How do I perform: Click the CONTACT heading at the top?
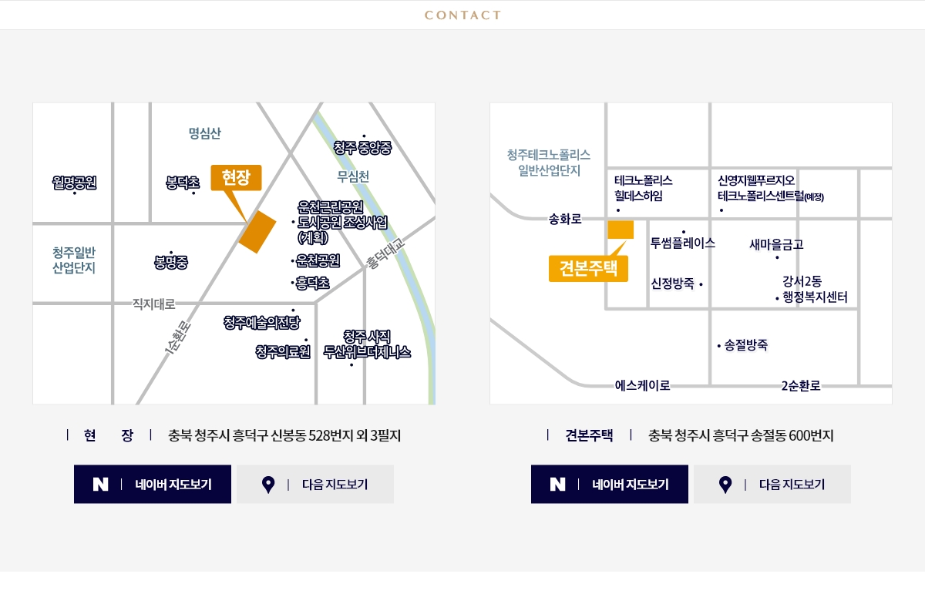click(x=462, y=15)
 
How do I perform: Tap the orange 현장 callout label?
click(x=237, y=177)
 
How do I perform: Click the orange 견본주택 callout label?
click(x=588, y=268)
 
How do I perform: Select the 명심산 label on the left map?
click(x=204, y=133)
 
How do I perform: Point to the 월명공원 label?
click(x=75, y=183)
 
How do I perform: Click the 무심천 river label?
click(x=353, y=176)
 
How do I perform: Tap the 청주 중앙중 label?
click(x=362, y=148)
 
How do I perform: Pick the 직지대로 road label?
click(x=154, y=304)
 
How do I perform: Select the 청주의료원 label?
click(x=282, y=352)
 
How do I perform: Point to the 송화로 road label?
click(x=565, y=220)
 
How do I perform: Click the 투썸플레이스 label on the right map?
click(x=683, y=243)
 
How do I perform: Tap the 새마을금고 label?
click(x=776, y=244)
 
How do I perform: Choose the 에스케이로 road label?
click(x=642, y=385)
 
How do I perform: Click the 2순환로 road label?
click(x=800, y=385)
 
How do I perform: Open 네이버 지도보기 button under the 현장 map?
click(x=153, y=485)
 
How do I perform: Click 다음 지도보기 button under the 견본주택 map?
click(x=772, y=485)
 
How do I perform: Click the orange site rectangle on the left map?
click(x=257, y=232)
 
